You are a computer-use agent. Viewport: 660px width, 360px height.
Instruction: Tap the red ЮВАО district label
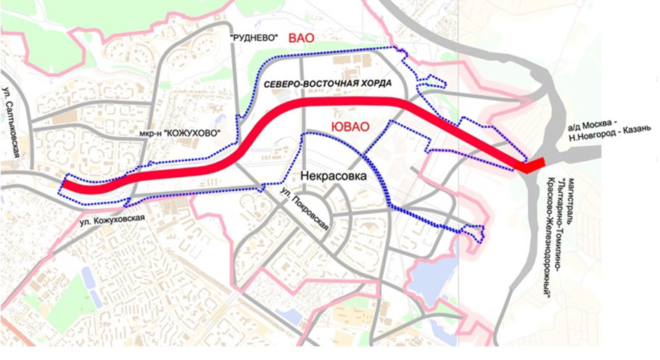[x=350, y=127]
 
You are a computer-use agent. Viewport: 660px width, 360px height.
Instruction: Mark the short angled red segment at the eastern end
[x=533, y=166]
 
